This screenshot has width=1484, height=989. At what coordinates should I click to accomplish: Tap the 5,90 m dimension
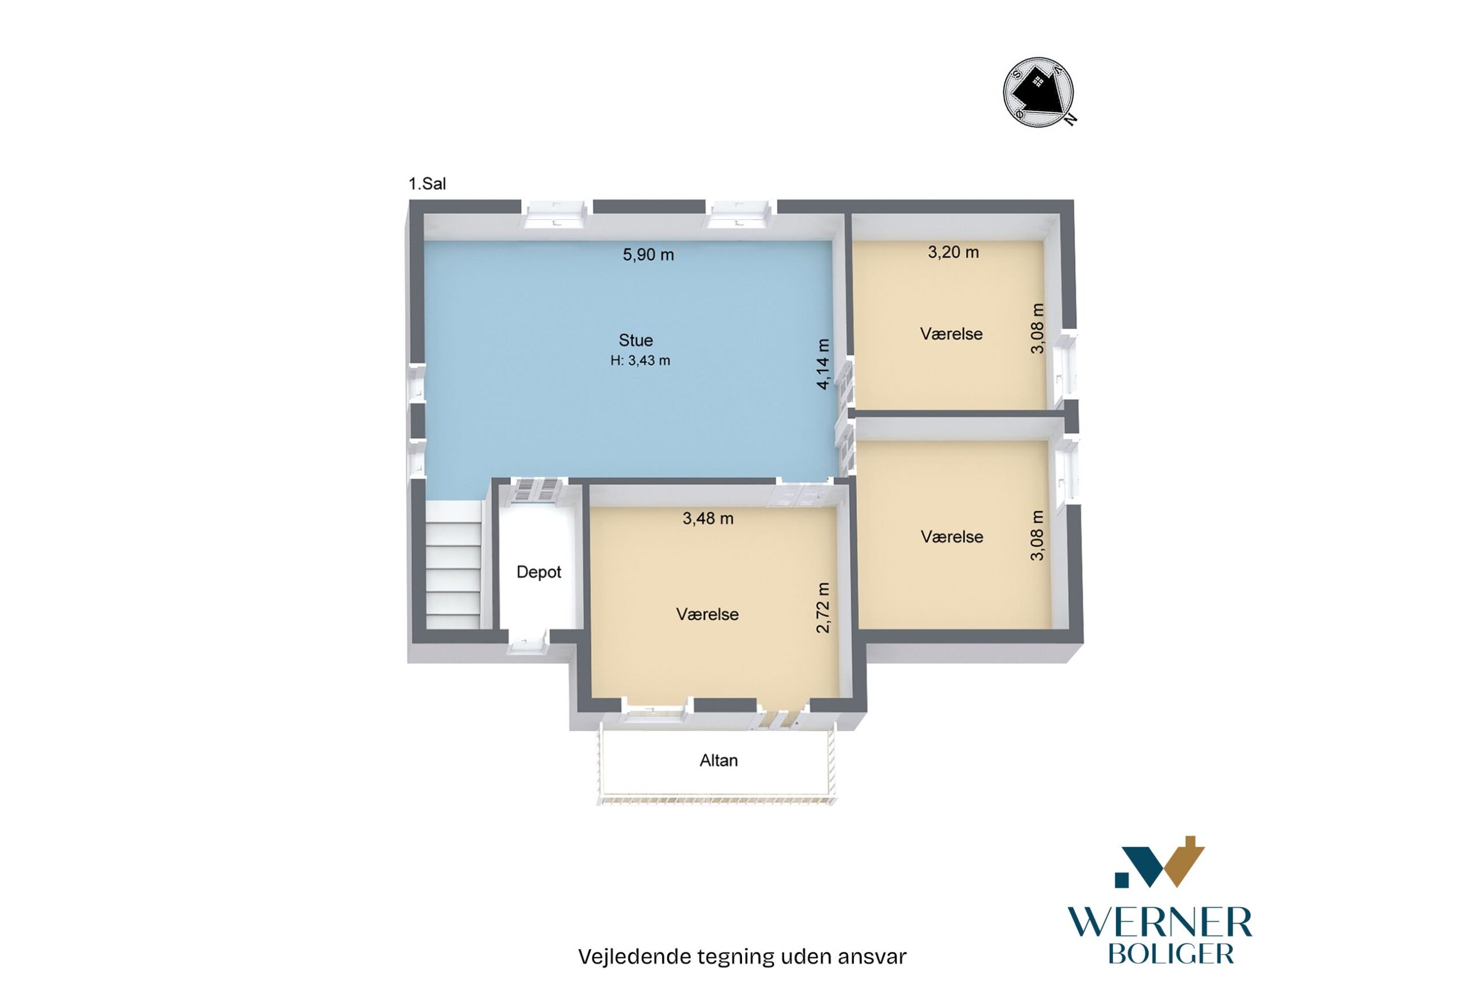pos(648,255)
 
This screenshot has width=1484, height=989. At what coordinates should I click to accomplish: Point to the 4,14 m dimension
pos(823,364)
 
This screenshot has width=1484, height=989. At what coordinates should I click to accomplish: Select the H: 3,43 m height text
pos(640,361)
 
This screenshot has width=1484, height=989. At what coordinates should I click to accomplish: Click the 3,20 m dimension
pos(953,252)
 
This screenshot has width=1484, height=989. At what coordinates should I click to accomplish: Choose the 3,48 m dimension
pos(708,518)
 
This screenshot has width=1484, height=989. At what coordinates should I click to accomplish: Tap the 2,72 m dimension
pos(823,607)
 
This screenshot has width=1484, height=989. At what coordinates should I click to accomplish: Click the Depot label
pos(539,572)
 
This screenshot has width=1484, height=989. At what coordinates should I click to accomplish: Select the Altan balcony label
pos(718,761)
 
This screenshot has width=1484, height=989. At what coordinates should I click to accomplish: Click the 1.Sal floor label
pos(427,184)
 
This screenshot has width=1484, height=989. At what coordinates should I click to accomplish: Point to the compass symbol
pos(1038,93)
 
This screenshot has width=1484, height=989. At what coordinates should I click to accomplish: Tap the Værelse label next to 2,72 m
pos(707,615)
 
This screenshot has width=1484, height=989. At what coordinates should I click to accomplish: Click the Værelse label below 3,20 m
pos(951,334)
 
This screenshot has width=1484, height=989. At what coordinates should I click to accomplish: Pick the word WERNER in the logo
pos(1159,924)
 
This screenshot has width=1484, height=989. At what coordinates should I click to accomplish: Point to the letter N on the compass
pos(1070,119)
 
